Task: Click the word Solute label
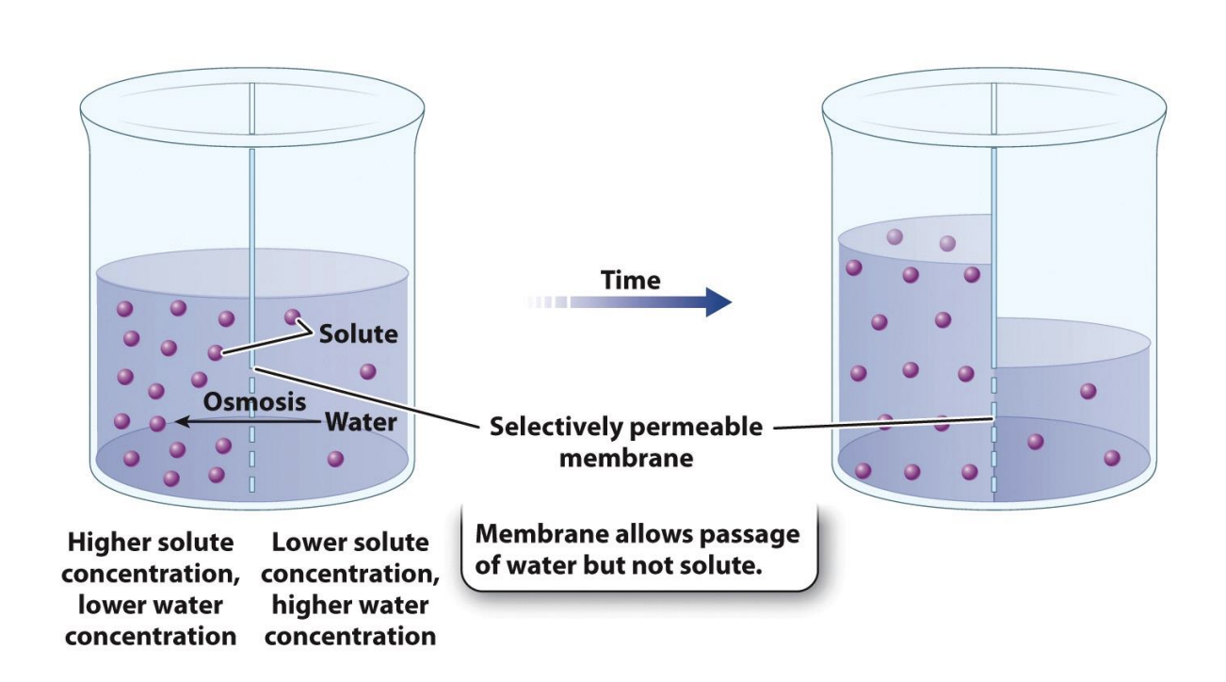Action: [x=358, y=333]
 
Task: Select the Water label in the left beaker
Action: [x=361, y=421]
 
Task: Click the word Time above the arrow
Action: [x=631, y=280]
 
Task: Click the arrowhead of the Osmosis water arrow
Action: [x=183, y=422]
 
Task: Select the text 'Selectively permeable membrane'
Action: [x=625, y=442]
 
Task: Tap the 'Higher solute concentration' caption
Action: [x=151, y=589]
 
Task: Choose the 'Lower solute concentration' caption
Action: [x=350, y=589]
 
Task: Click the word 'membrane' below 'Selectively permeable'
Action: [x=626, y=459]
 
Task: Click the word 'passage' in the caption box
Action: [x=748, y=534]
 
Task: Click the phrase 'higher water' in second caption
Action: [x=350, y=605]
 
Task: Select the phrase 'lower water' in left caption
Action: [x=151, y=605]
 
